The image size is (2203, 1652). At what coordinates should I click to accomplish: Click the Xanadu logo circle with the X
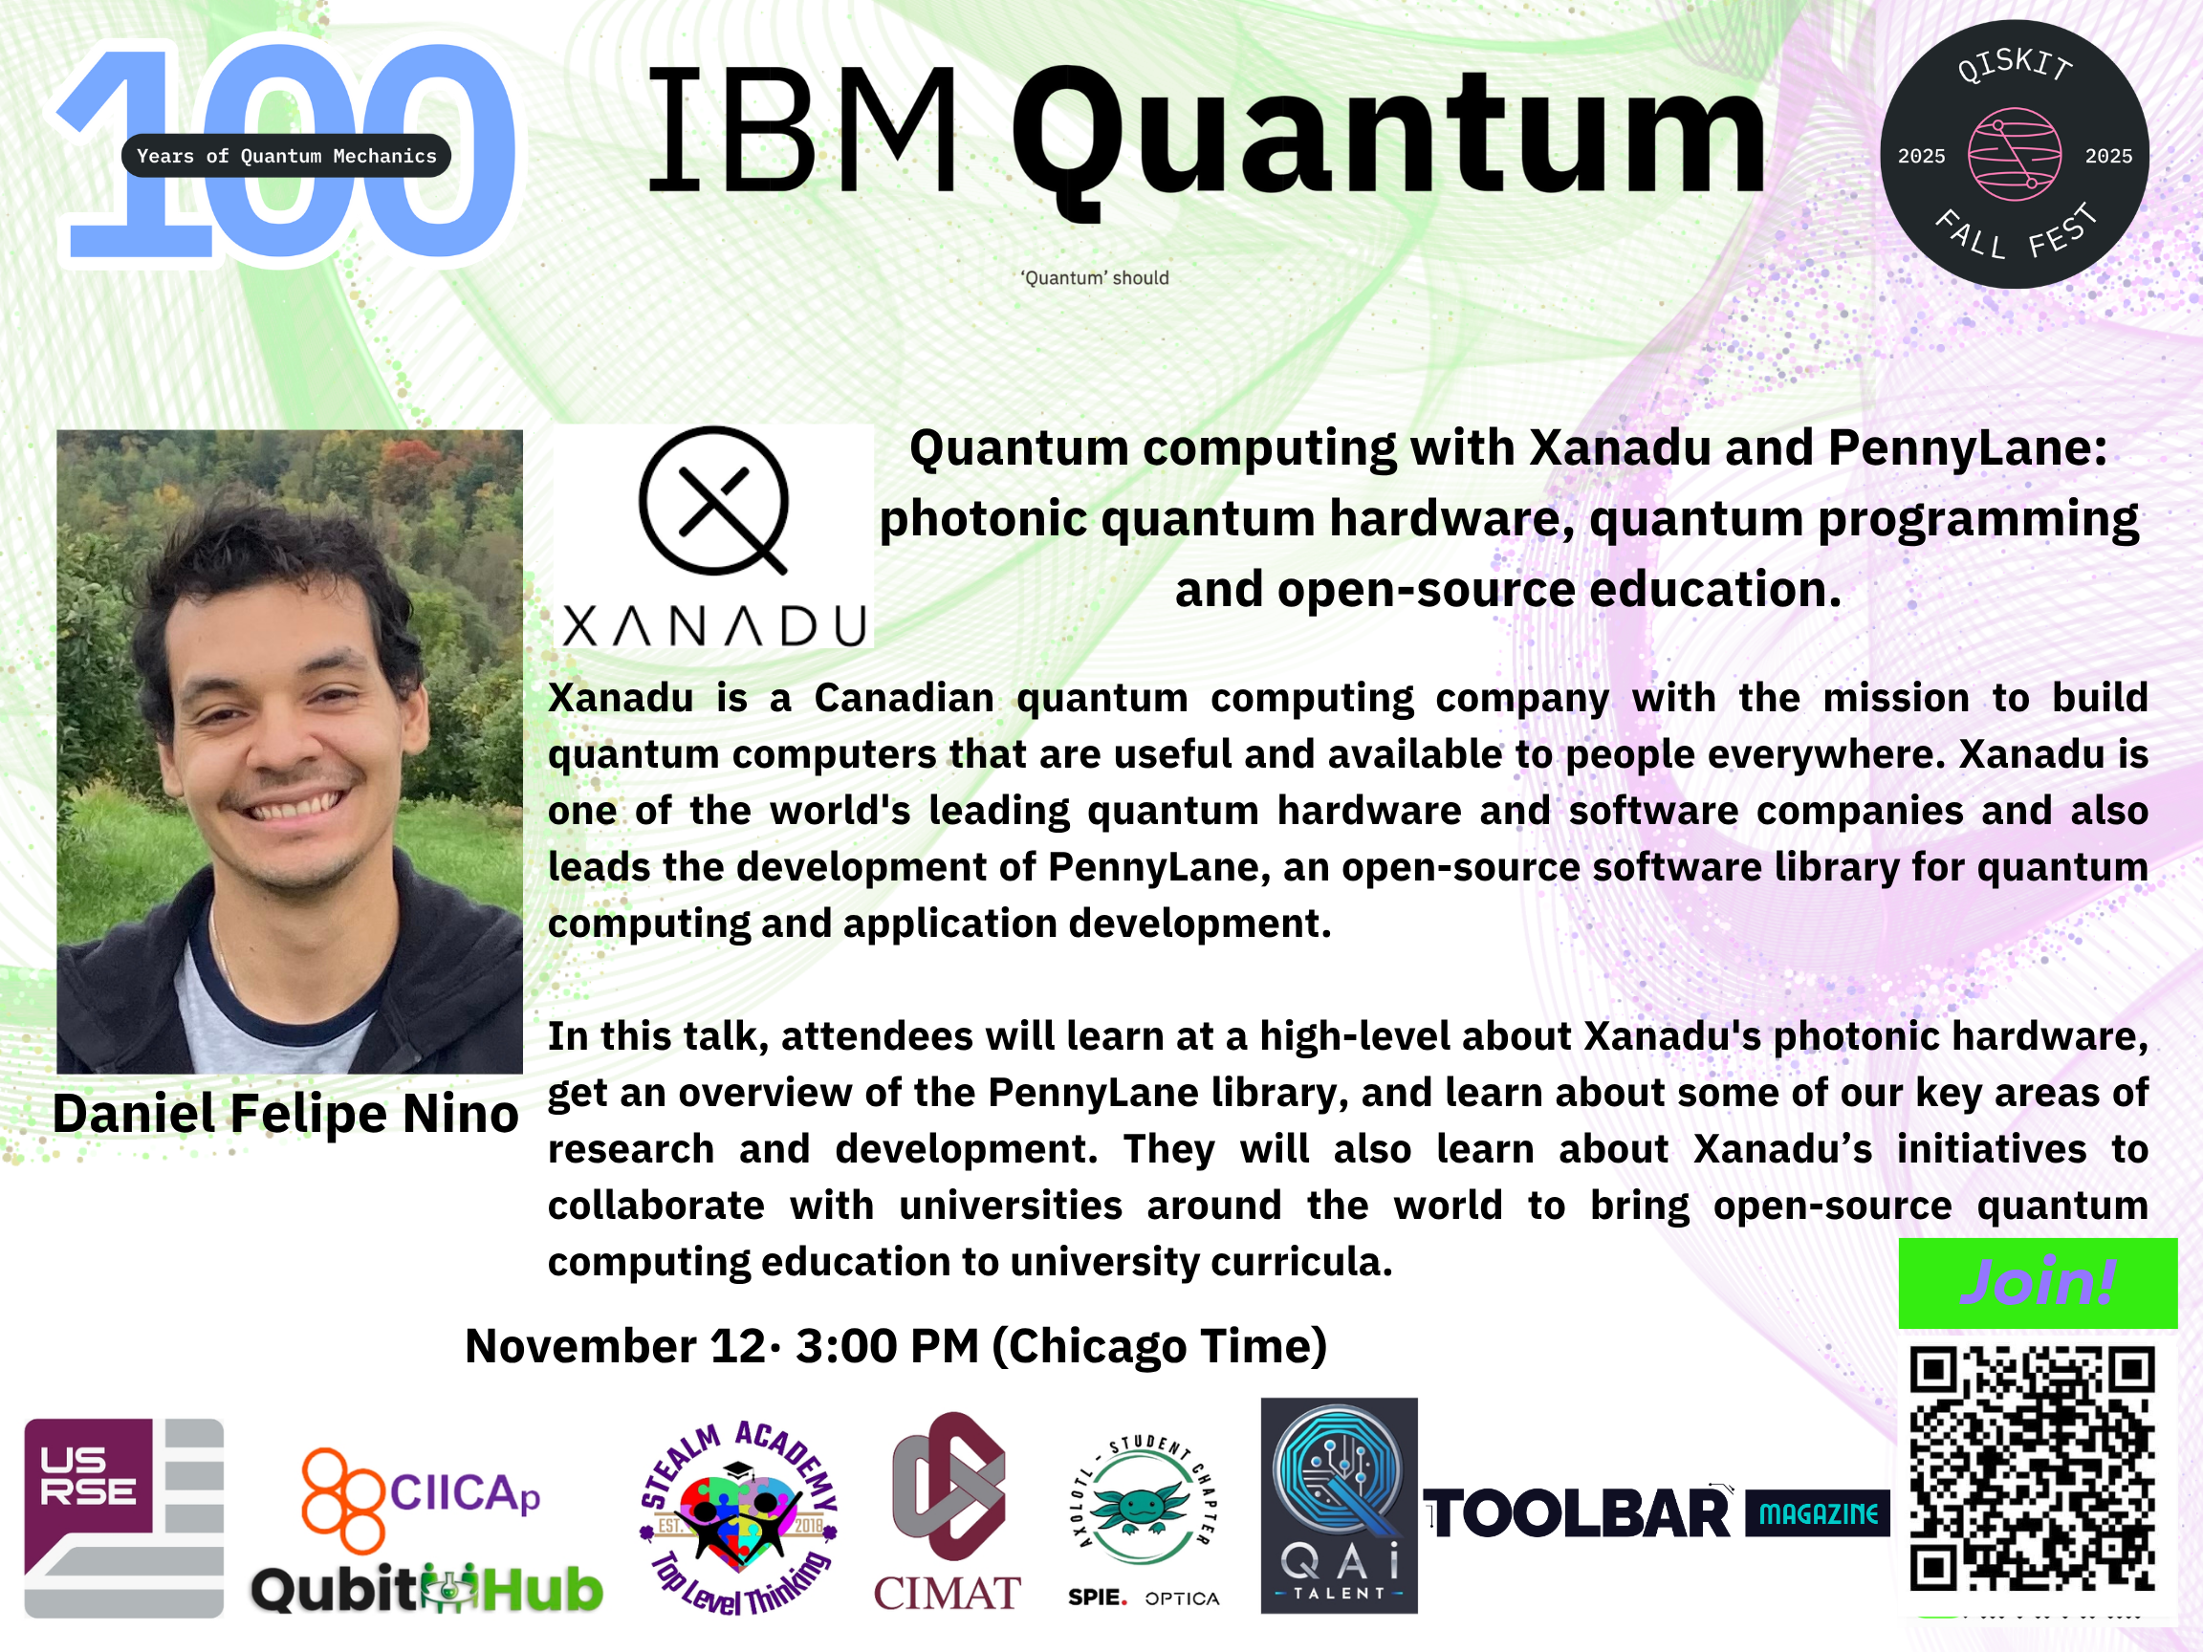click(713, 501)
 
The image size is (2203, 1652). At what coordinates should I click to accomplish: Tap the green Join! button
click(2038, 1283)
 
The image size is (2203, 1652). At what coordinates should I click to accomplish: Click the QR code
click(2033, 1468)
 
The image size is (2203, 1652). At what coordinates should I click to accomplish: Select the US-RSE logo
click(123, 1517)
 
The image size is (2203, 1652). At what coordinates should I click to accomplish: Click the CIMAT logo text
click(948, 1594)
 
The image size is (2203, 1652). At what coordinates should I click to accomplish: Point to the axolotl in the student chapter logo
click(1142, 1507)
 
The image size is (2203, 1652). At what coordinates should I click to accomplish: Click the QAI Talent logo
click(1339, 1506)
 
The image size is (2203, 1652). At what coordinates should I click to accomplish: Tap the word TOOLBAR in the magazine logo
click(1578, 1514)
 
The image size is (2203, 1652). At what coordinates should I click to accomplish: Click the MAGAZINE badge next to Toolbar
click(1818, 1513)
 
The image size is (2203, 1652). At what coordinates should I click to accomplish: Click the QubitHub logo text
click(426, 1589)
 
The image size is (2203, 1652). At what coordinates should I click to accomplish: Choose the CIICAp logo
click(422, 1499)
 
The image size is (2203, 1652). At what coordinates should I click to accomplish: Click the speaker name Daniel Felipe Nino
click(286, 1113)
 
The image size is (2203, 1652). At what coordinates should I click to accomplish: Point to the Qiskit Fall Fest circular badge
click(2014, 154)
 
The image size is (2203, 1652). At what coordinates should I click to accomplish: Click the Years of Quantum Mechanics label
click(286, 155)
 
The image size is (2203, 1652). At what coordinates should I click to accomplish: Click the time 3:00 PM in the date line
click(888, 1346)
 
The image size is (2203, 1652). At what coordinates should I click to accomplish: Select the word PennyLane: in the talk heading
click(1967, 449)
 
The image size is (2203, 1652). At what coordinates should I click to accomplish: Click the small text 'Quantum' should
click(1095, 278)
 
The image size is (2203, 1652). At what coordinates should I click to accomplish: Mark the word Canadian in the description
click(905, 698)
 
